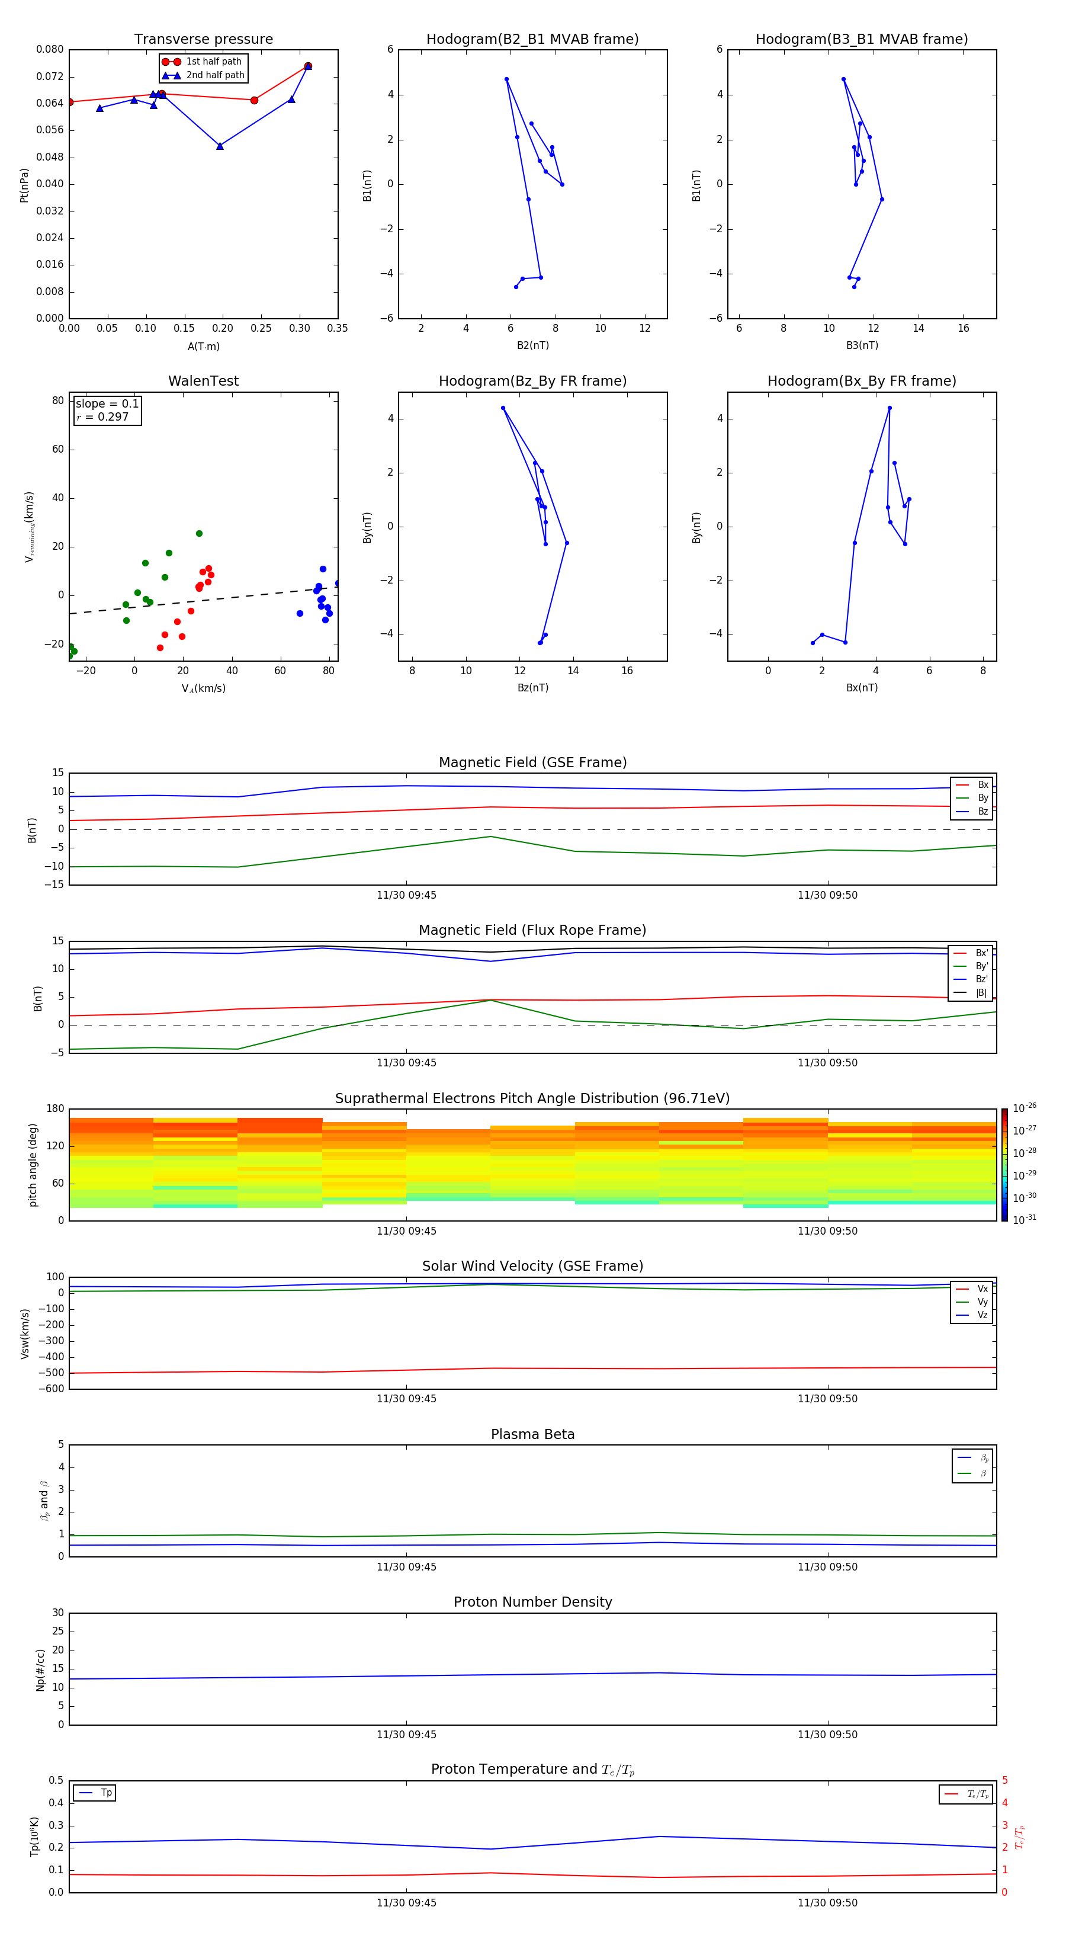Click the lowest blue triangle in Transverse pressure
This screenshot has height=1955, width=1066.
point(220,146)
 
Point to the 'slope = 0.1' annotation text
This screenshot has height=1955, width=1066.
point(107,404)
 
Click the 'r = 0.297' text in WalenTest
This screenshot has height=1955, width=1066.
point(102,416)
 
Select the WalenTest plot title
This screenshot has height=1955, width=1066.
point(203,381)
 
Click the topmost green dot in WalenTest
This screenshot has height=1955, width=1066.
point(200,534)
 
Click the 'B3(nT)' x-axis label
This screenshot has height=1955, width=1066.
point(862,345)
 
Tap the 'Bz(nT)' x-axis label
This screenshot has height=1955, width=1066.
point(532,688)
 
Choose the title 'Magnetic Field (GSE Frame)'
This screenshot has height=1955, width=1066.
point(532,762)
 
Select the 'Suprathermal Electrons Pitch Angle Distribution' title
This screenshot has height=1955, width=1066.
point(532,1098)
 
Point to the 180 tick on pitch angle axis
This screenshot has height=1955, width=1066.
point(56,1109)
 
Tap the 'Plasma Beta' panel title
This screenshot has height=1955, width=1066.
point(532,1434)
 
